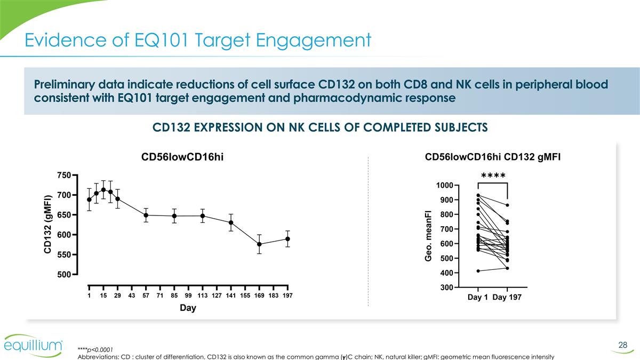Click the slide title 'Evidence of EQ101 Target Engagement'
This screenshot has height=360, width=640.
[198, 40]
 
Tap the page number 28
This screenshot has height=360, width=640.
[622, 346]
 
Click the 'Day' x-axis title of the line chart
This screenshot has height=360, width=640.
[188, 308]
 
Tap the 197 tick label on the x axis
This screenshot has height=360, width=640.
[287, 295]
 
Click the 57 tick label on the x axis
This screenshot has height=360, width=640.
[146, 295]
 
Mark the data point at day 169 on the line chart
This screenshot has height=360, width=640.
[259, 244]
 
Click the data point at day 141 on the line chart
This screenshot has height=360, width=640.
[231, 222]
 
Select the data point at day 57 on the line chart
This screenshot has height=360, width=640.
[146, 215]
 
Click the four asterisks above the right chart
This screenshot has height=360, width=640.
[493, 176]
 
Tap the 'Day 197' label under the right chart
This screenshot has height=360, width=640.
[507, 298]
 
